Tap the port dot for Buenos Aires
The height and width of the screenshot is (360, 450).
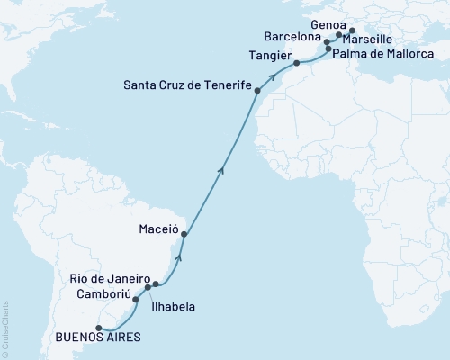[86, 328]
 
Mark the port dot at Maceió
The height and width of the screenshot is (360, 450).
[184, 235]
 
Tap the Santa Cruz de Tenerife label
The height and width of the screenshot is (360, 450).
[186, 85]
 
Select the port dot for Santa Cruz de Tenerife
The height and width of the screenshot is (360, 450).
[258, 91]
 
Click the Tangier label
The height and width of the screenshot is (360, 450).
[265, 55]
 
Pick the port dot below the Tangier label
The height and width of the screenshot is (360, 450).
[297, 64]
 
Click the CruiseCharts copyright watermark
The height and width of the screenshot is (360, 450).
[5, 328]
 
